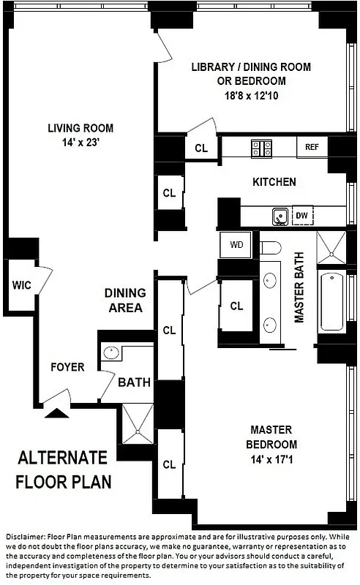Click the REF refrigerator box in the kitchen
(x=312, y=146)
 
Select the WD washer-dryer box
(x=236, y=244)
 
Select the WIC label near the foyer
(x=18, y=285)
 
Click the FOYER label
(x=67, y=366)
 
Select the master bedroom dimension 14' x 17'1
(x=273, y=459)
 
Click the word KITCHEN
(x=274, y=181)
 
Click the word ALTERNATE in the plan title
(x=62, y=458)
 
